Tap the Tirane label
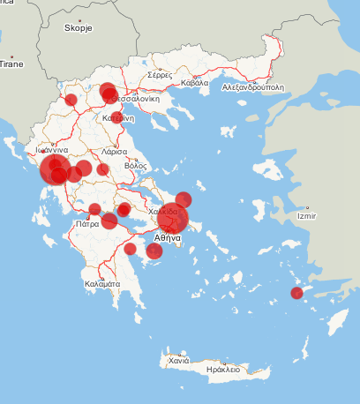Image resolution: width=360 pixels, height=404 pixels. [11, 64]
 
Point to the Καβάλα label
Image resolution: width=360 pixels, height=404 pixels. [194, 84]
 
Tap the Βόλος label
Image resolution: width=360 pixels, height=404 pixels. [135, 165]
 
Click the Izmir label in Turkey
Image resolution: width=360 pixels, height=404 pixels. [308, 215]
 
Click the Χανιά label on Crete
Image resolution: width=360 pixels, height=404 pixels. [179, 361]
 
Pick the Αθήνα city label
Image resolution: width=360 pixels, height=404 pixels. [167, 238]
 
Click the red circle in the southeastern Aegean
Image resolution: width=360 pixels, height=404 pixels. [297, 294]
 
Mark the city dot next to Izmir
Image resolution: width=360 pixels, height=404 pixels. [298, 209]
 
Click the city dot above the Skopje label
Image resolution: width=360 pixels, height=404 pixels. [79, 20]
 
